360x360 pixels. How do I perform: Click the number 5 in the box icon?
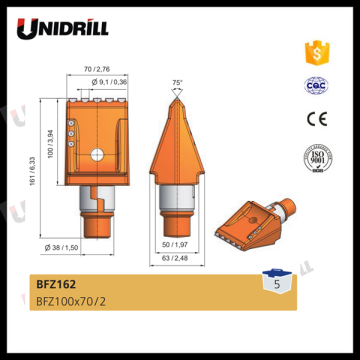coord(269,284)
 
